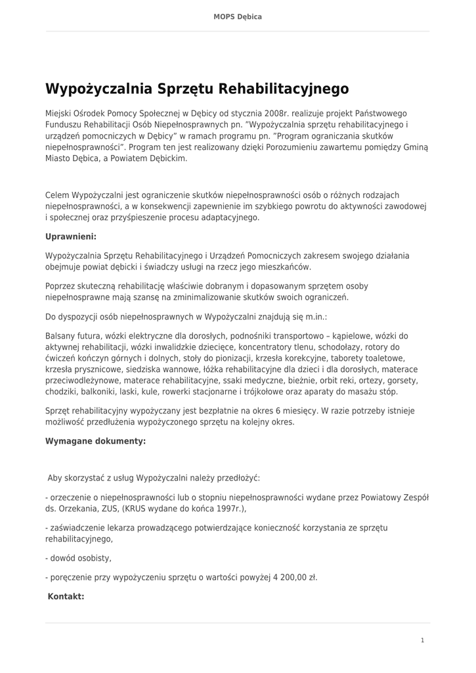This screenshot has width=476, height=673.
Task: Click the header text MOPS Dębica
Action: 238,16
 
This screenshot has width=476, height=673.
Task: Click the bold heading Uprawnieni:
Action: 71,236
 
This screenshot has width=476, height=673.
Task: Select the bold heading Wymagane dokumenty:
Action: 95,441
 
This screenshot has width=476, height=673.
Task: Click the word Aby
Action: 55,478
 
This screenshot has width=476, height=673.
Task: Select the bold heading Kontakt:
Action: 66,597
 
